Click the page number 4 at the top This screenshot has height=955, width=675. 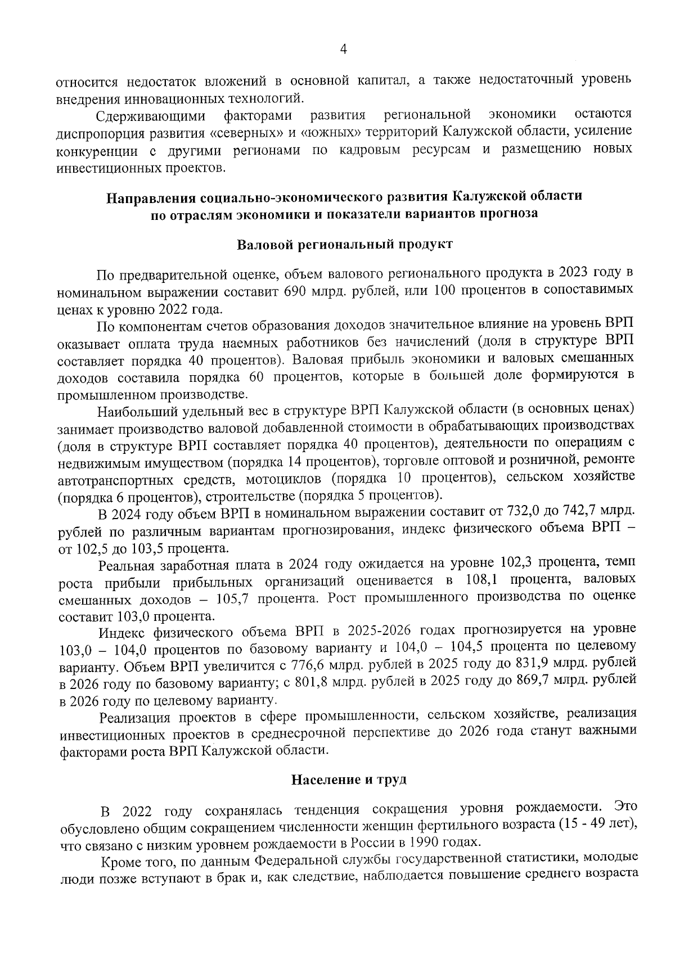pyautogui.click(x=343, y=50)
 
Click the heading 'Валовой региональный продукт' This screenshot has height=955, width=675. pyautogui.click(x=344, y=245)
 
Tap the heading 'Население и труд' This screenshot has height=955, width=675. pyautogui.click(x=348, y=780)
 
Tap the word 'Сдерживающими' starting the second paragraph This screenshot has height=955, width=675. pyautogui.click(x=151, y=116)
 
